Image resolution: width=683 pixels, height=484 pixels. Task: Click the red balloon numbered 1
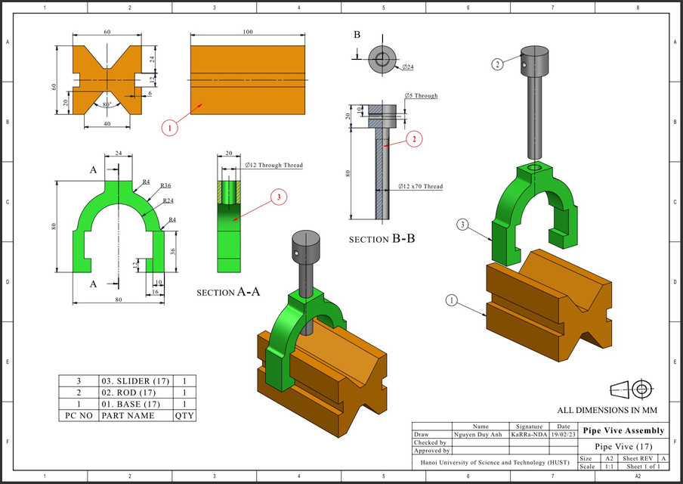pos(171,128)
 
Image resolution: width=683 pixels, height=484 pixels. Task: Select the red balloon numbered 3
pos(277,197)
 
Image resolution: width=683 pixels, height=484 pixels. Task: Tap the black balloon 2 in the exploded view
pos(497,64)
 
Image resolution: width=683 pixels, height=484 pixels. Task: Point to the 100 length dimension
pos(247,33)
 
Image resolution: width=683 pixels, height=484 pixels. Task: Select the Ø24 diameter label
pos(406,68)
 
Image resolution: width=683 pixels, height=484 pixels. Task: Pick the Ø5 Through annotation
pos(421,96)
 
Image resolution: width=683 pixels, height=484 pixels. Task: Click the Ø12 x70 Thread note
pos(420,186)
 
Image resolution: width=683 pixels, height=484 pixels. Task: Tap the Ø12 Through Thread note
pos(273,164)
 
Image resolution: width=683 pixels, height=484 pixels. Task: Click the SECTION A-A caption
pos(228,292)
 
